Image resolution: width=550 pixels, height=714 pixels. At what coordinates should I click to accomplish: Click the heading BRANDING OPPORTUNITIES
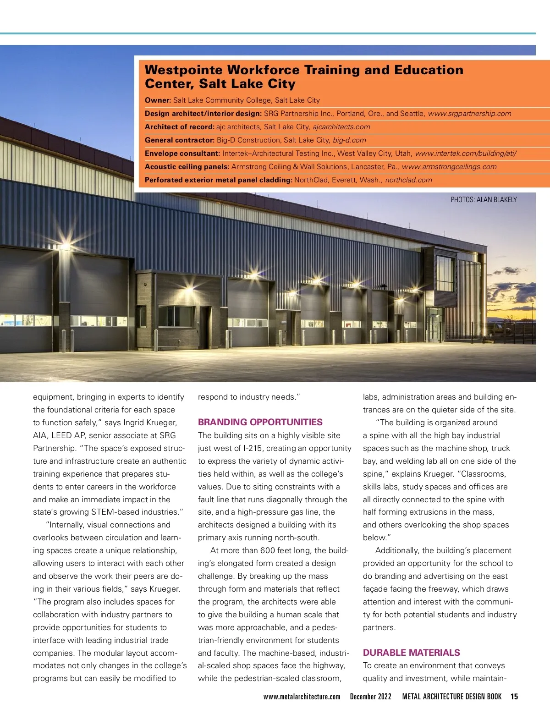[x=260, y=422]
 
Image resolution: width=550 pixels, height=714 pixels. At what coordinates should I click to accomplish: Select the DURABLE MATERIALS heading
[x=411, y=653]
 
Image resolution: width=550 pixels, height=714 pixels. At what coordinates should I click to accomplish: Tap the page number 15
[x=514, y=697]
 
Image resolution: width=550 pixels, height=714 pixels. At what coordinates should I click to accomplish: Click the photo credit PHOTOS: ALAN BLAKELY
[x=484, y=200]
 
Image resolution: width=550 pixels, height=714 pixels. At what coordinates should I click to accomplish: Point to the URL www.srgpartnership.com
[x=469, y=114]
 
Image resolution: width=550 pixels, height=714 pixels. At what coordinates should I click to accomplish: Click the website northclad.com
[x=408, y=180]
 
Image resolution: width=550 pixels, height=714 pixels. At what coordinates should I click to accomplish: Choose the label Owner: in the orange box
[x=158, y=100]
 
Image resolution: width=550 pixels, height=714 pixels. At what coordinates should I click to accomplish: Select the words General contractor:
[x=179, y=140]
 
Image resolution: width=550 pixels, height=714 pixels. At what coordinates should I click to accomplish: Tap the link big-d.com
[x=349, y=140]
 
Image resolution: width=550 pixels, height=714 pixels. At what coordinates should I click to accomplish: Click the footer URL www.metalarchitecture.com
[x=302, y=697]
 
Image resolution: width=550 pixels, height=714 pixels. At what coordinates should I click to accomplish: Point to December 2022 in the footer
[x=370, y=697]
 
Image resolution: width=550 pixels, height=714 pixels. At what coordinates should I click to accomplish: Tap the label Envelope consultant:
[x=182, y=154]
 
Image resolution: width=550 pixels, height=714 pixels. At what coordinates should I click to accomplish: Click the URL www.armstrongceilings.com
[x=449, y=167]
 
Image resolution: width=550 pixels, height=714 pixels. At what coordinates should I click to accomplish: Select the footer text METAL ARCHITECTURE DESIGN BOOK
[x=452, y=697]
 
